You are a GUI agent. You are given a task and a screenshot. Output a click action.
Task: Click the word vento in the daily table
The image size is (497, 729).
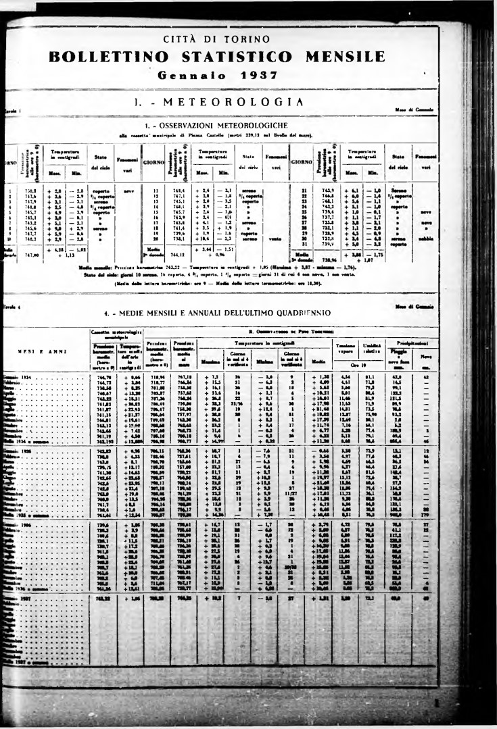(x=275, y=237)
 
